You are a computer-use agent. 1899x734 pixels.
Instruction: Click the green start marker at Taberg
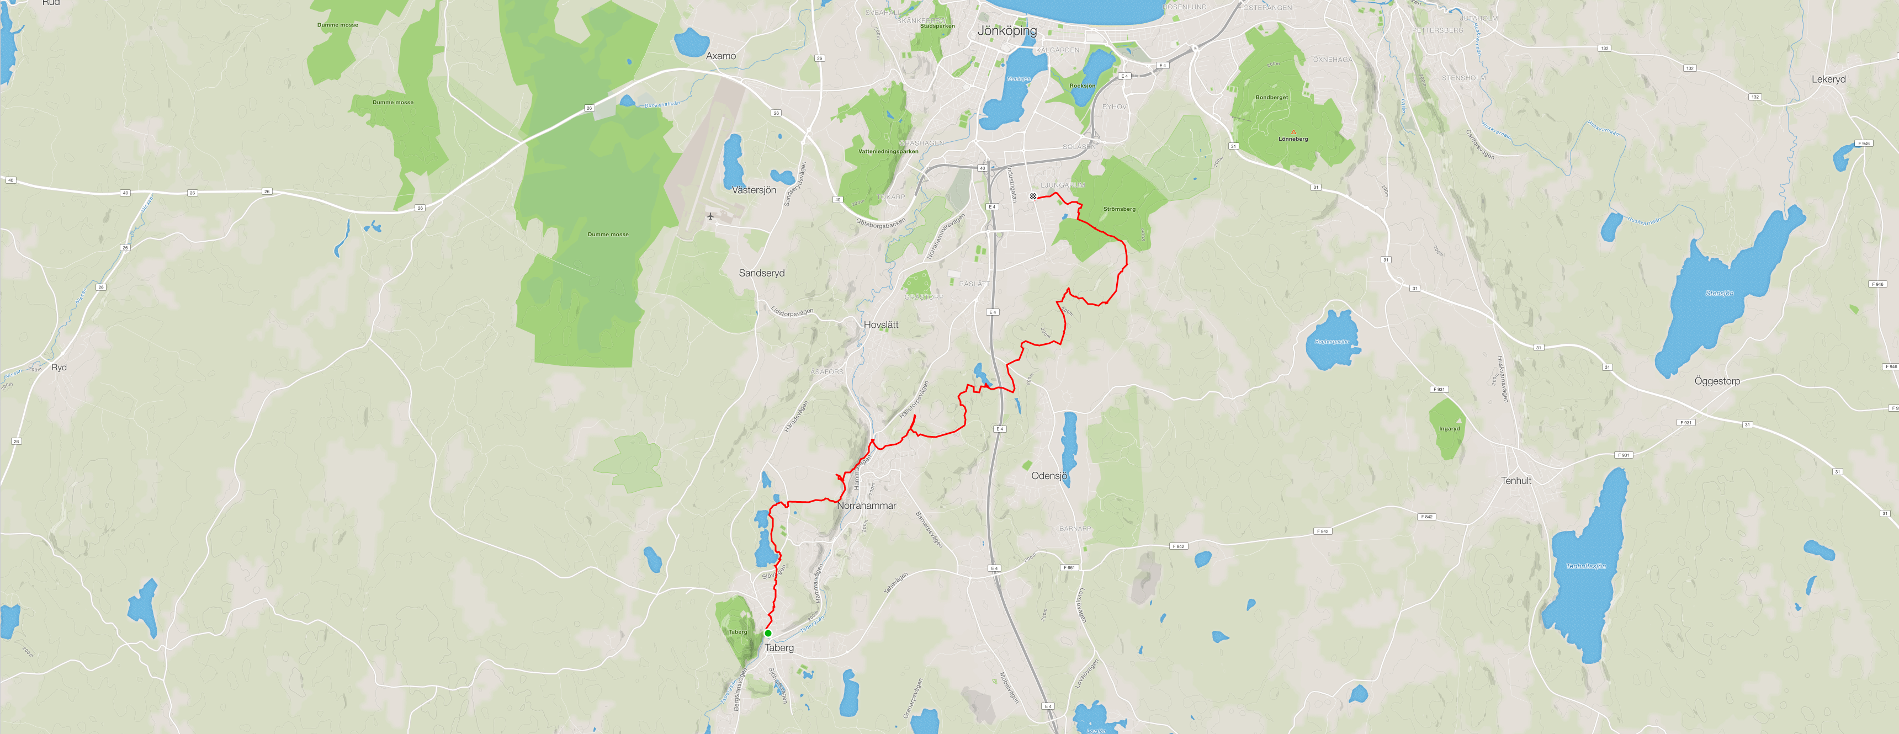pyautogui.click(x=768, y=633)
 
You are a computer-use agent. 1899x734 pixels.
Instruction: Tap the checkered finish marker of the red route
pyautogui.click(x=1033, y=196)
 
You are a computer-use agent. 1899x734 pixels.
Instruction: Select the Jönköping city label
pyautogui.click(x=1006, y=31)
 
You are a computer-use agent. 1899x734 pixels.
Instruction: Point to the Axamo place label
pyautogui.click(x=720, y=56)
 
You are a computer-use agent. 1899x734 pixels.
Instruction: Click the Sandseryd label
pyautogui.click(x=761, y=273)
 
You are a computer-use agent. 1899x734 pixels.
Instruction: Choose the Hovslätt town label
pyautogui.click(x=881, y=325)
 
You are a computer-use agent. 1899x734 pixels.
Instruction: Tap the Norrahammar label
pyautogui.click(x=866, y=506)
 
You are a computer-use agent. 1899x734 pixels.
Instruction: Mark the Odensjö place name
pyautogui.click(x=1049, y=476)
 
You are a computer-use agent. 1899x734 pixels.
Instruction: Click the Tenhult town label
pyautogui.click(x=1516, y=481)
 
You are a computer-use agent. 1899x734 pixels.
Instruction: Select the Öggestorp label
pyautogui.click(x=1717, y=381)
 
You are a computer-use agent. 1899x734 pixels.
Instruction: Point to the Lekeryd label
pyautogui.click(x=1828, y=79)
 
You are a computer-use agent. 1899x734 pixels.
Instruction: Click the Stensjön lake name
pyautogui.click(x=1719, y=293)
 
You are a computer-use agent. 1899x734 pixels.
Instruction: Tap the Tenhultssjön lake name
pyautogui.click(x=1585, y=566)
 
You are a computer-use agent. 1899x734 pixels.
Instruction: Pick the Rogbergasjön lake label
pyautogui.click(x=1332, y=341)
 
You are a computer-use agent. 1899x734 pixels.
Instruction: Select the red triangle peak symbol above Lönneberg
pyautogui.click(x=1293, y=132)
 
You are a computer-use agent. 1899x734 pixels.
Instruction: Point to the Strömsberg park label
pyautogui.click(x=1119, y=209)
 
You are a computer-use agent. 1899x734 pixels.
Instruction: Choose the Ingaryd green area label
pyautogui.click(x=1449, y=429)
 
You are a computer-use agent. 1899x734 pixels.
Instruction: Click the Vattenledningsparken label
pyautogui.click(x=888, y=151)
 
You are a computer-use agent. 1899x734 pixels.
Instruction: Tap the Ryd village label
pyautogui.click(x=59, y=367)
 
